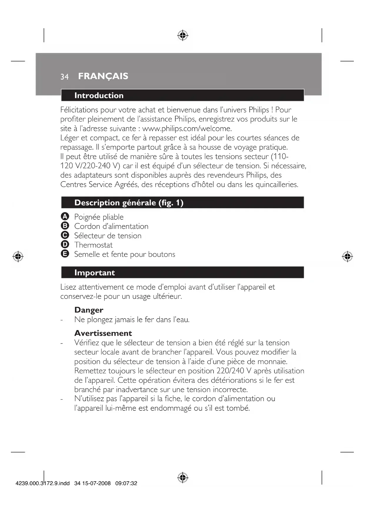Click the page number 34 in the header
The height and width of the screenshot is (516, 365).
pyautogui.click(x=64, y=77)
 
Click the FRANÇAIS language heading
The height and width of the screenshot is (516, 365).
pyautogui.click(x=103, y=76)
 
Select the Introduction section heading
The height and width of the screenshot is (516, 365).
pyautogui.click(x=99, y=95)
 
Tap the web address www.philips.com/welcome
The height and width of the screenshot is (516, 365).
pyautogui.click(x=187, y=129)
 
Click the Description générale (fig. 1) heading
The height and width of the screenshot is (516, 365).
pyautogui.click(x=129, y=203)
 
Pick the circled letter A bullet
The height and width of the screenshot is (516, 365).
pyautogui.click(x=65, y=217)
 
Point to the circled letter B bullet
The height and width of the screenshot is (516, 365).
pyautogui.click(x=65, y=226)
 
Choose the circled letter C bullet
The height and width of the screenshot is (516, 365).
pyautogui.click(x=65, y=235)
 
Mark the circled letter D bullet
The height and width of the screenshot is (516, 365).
pyautogui.click(x=65, y=244)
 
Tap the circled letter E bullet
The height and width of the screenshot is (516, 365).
pyautogui.click(x=65, y=254)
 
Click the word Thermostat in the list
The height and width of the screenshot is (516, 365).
pyautogui.click(x=93, y=245)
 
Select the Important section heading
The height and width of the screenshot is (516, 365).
pyautogui.click(x=94, y=272)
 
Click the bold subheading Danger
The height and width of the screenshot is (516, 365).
pyautogui.click(x=89, y=310)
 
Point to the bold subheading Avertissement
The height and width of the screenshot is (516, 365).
pyautogui.click(x=103, y=333)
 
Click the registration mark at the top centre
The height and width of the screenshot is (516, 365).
pyautogui.click(x=183, y=35)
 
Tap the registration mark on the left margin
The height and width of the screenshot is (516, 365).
pyautogui.click(x=18, y=257)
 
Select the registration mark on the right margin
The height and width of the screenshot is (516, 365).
pyautogui.click(x=347, y=257)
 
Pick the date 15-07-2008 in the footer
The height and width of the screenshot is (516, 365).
pyautogui.click(x=96, y=483)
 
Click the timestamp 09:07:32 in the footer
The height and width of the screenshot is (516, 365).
pyautogui.click(x=126, y=483)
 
